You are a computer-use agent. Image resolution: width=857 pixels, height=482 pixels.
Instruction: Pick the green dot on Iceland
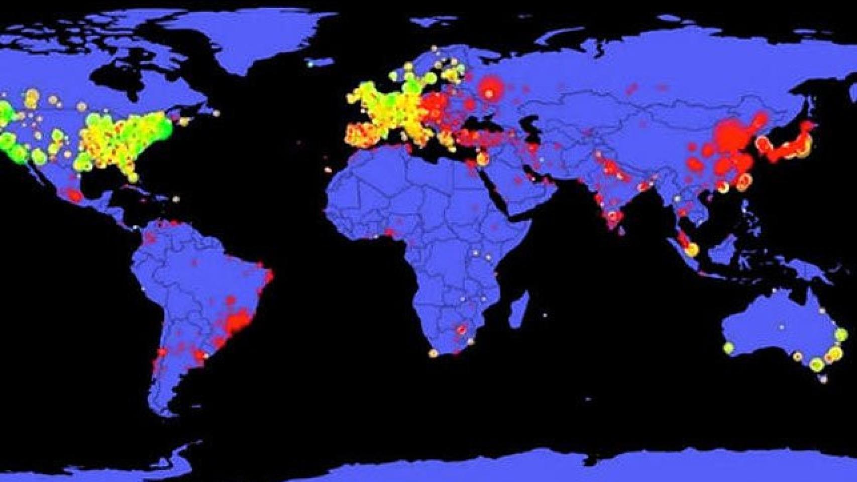pyautogui.click(x=311, y=64)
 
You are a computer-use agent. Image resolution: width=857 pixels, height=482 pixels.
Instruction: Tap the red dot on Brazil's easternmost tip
pyautogui.click(x=270, y=276)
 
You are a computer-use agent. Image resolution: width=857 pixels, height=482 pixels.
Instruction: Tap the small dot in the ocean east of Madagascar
pyautogui.click(x=545, y=315)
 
